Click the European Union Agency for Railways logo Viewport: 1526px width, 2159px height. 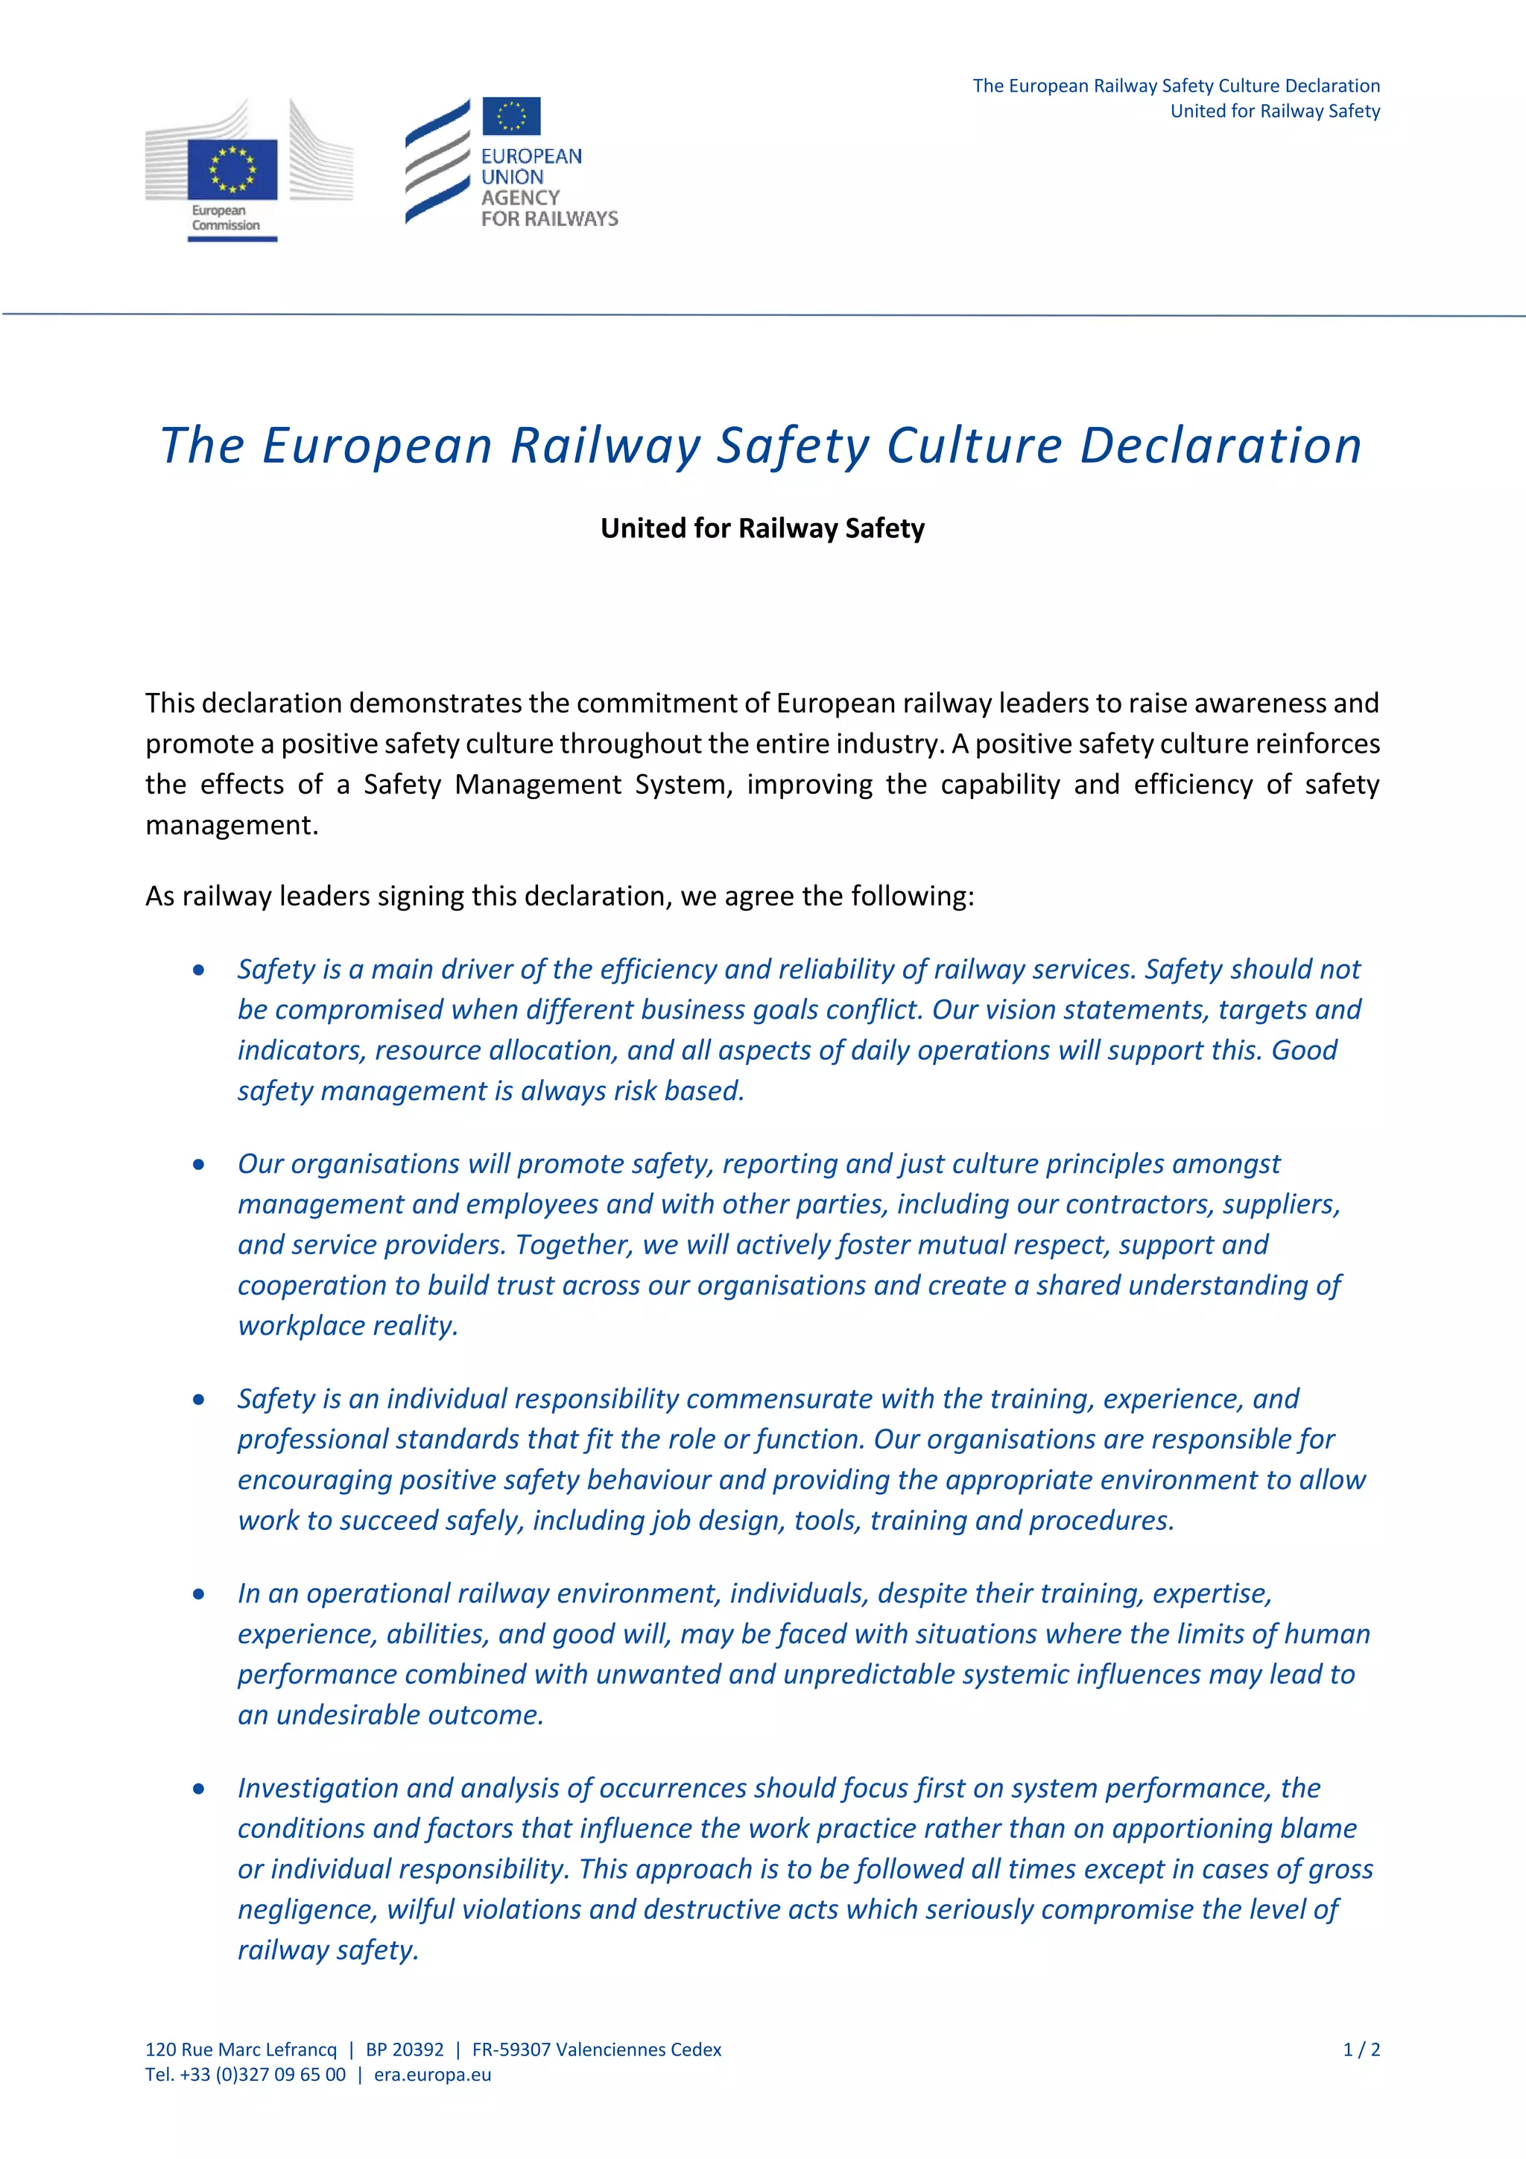pos(510,162)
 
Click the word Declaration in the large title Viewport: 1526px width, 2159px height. pos(1221,446)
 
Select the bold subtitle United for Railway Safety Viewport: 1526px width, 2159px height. pos(762,528)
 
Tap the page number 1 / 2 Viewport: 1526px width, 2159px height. pos(1361,2049)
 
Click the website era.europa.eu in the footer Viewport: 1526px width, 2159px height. pos(432,2074)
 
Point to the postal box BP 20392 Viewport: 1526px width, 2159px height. pos(405,2049)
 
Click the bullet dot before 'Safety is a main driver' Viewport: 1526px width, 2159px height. pos(198,970)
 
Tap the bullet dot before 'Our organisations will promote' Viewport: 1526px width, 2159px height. pos(198,1164)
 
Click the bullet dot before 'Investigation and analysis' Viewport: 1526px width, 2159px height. pos(198,1789)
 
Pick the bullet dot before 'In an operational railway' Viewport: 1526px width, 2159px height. pos(198,1594)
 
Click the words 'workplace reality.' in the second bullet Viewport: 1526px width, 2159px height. pos(348,1326)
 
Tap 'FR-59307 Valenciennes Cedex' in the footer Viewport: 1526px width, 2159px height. pos(596,2049)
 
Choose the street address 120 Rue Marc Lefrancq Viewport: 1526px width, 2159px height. pos(241,2049)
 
